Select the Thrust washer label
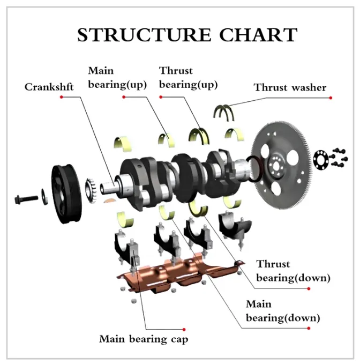pyautogui.click(x=290, y=87)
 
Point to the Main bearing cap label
pyautogui.click(x=144, y=339)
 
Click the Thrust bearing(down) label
pyautogui.click(x=281, y=271)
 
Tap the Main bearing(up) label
pyautogui.click(x=109, y=78)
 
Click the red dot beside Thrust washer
pyautogui.click(x=331, y=98)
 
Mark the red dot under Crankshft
pyautogui.click(x=62, y=97)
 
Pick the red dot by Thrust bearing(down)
pyautogui.click(x=309, y=288)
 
